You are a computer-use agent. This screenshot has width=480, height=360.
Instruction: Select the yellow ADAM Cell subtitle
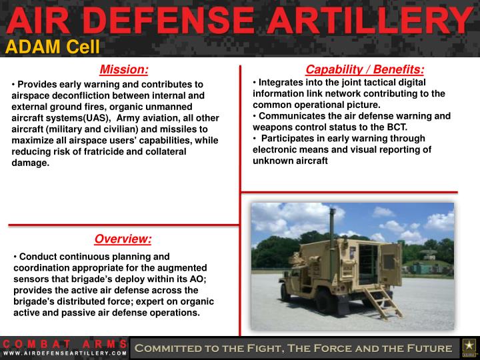pyautogui.click(x=53, y=46)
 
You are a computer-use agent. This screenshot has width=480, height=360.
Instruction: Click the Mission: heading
pyautogui.click(x=123, y=70)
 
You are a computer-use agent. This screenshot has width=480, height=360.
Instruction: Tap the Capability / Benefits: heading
pyautogui.click(x=365, y=70)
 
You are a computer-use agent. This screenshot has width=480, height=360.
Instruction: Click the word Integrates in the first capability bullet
pyautogui.click(x=280, y=83)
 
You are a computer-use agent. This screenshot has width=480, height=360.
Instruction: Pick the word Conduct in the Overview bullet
pyautogui.click(x=37, y=257)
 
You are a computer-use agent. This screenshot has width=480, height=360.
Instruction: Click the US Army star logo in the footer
pyautogui.click(x=468, y=347)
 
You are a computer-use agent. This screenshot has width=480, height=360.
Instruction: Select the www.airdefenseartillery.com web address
pyautogui.click(x=65, y=353)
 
